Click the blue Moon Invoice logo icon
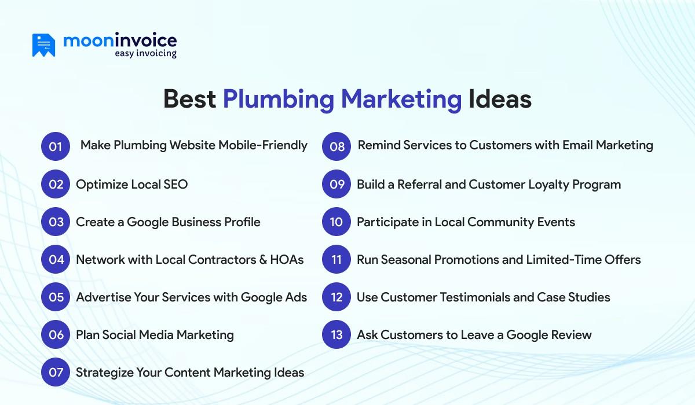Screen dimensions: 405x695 coord(43,45)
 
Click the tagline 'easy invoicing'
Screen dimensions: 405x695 coord(145,54)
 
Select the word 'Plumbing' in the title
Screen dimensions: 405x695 coord(278,99)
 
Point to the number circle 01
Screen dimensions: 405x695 coord(56,146)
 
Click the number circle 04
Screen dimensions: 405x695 coord(56,260)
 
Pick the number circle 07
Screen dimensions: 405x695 coord(56,372)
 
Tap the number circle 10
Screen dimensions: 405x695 coord(336,222)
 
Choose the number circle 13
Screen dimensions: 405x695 coord(336,335)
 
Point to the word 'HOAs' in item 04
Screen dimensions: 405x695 coord(287,260)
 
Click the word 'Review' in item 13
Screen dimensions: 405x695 coord(570,335)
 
